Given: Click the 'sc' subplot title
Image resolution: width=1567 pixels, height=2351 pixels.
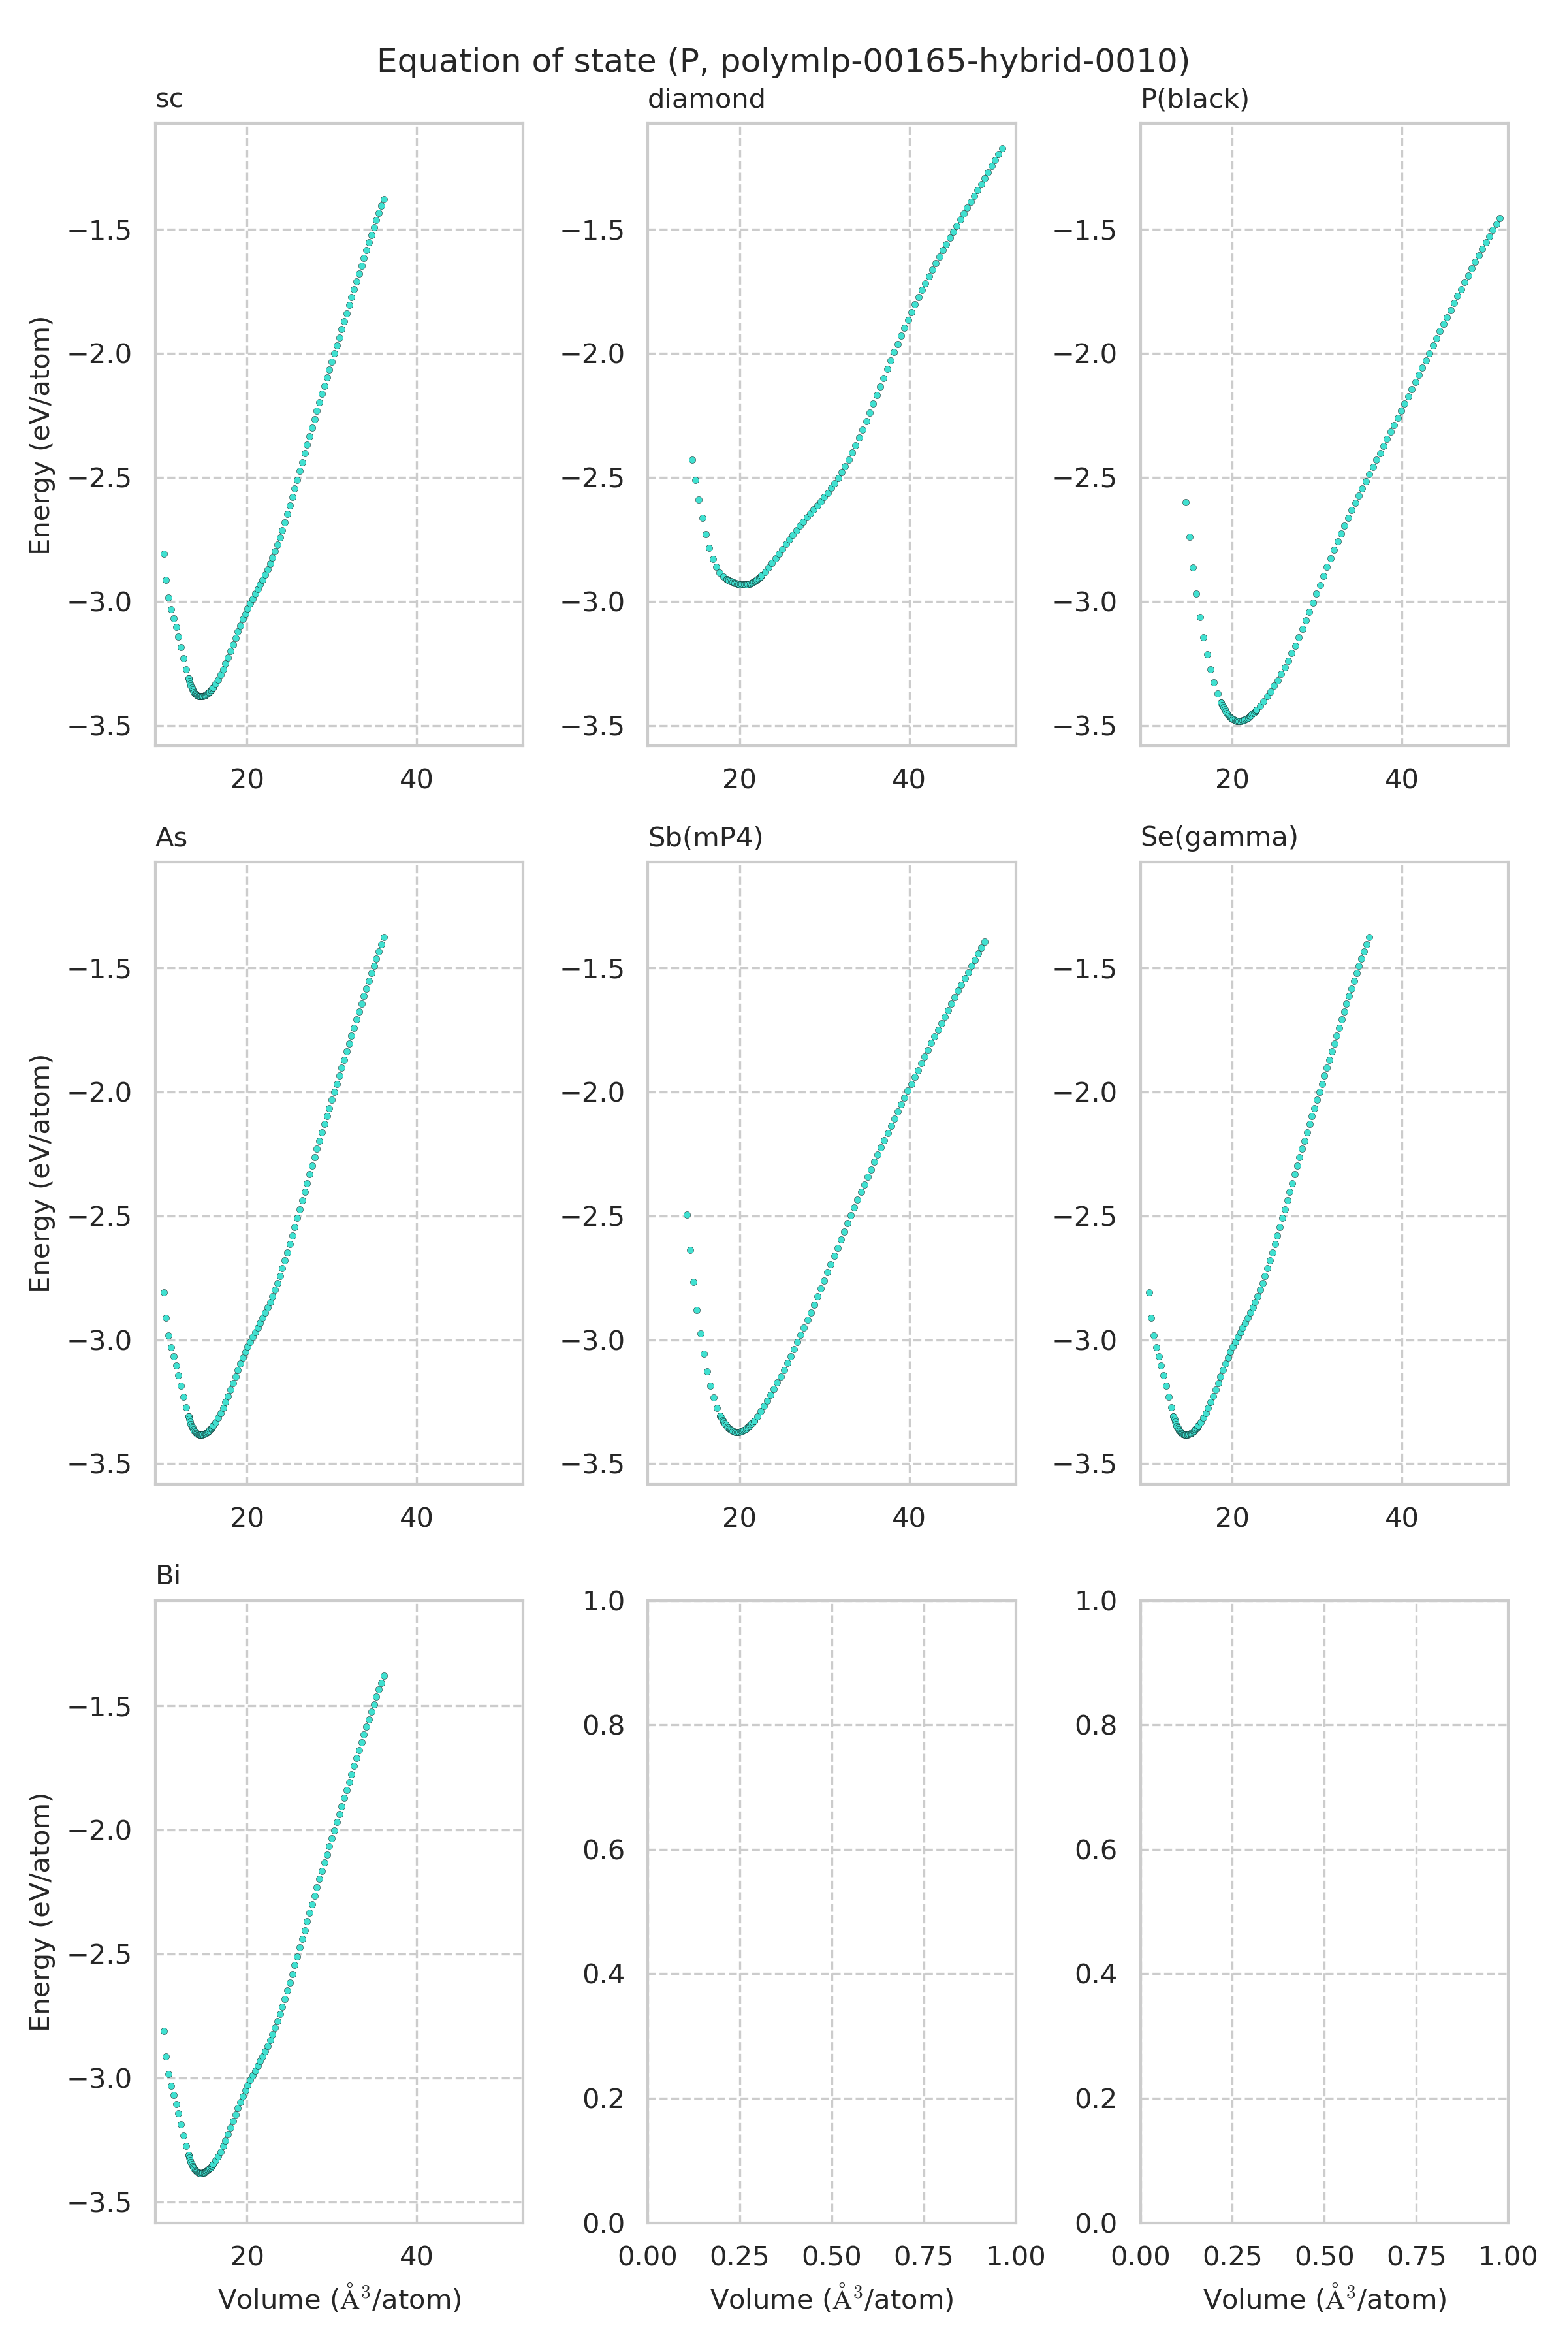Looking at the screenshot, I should tap(169, 99).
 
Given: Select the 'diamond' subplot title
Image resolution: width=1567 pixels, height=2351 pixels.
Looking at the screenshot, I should tap(706, 99).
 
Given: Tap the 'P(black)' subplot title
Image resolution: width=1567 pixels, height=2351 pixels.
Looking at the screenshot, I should tap(1194, 99).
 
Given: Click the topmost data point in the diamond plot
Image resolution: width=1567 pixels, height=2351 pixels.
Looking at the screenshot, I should tap(1002, 149).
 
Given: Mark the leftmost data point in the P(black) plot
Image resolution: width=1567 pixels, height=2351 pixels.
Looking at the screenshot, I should tap(1186, 502).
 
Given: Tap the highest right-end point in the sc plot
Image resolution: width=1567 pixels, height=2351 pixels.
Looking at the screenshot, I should tap(384, 200).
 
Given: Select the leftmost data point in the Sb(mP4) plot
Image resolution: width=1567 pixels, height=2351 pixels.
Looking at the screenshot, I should tap(687, 1215).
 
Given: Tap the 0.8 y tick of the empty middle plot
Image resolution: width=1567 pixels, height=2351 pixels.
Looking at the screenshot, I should tap(603, 1725).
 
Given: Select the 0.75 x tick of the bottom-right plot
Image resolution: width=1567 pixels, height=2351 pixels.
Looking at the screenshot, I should tap(1416, 2256).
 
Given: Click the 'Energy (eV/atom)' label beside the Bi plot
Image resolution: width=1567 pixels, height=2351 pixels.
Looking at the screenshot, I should tap(40, 1911).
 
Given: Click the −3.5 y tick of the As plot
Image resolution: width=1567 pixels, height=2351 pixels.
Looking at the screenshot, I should tap(100, 1464).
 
